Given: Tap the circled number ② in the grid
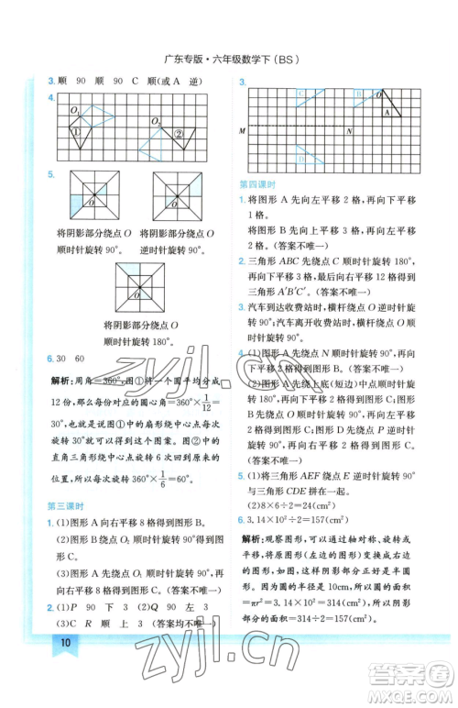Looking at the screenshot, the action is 180,133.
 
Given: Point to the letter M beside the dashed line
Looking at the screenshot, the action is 242,130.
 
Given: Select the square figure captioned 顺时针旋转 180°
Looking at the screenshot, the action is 140,290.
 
